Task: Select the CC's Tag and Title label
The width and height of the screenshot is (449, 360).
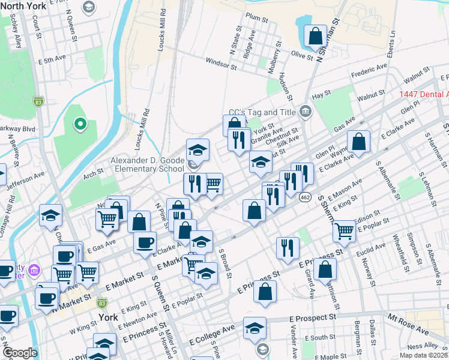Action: click(x=262, y=112)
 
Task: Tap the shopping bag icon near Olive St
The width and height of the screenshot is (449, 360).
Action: click(x=315, y=37)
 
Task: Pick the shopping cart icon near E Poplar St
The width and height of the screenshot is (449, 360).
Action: click(x=344, y=230)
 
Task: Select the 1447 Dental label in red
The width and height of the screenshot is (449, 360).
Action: click(x=423, y=95)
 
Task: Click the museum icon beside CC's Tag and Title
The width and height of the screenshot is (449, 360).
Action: click(x=304, y=112)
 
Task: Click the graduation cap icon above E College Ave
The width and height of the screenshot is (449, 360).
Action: click(x=255, y=328)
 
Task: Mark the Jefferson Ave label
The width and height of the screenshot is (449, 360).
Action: click(x=25, y=178)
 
